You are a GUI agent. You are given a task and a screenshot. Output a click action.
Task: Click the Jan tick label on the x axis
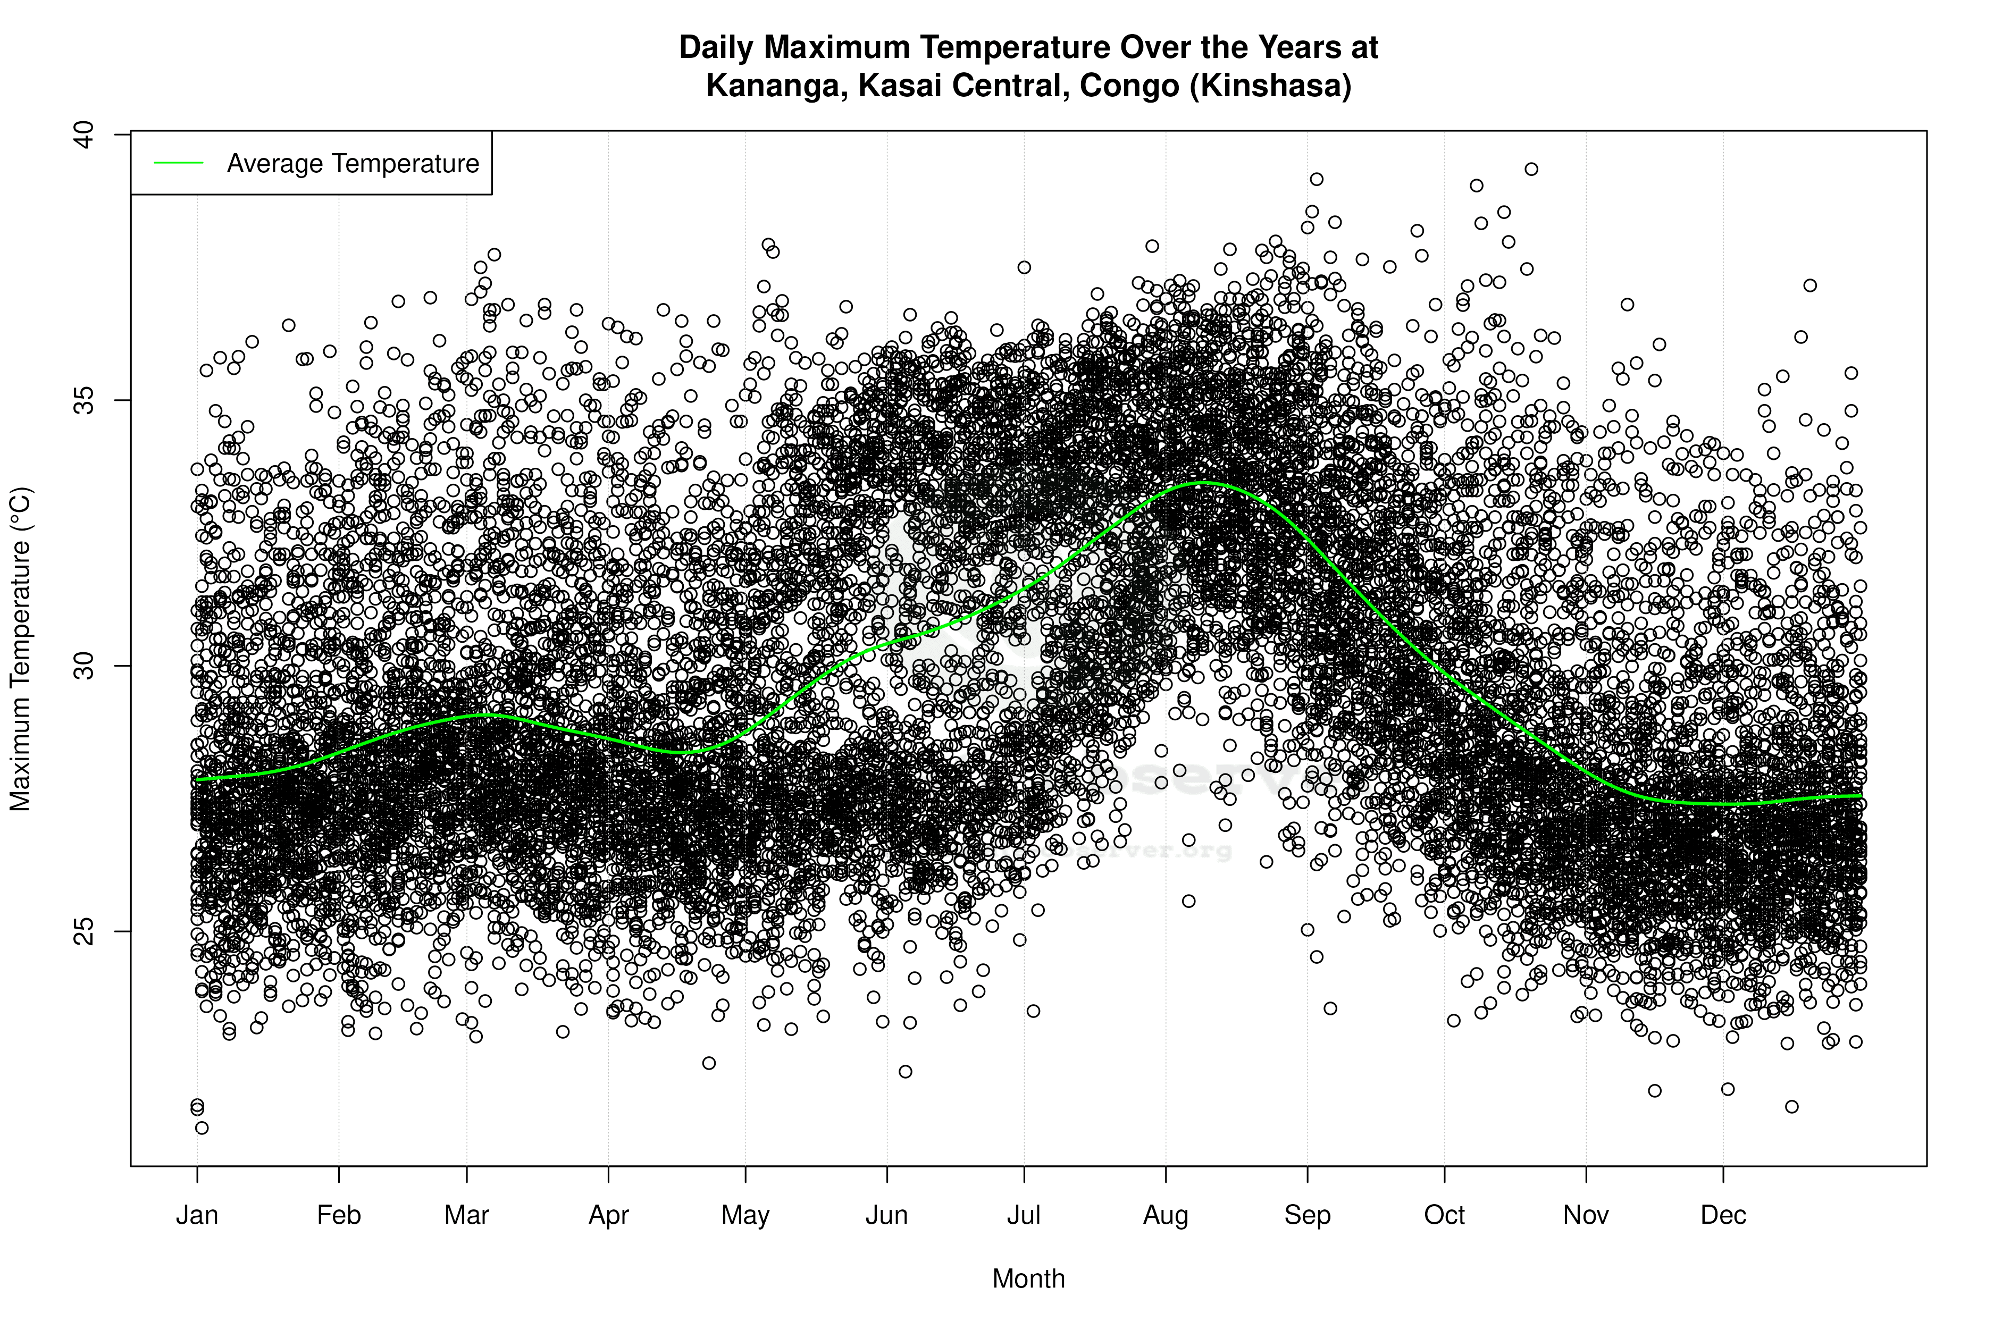click(197, 1215)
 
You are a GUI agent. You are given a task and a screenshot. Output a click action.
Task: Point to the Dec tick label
click(1723, 1215)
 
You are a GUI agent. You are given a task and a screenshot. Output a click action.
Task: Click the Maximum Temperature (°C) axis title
click(20, 649)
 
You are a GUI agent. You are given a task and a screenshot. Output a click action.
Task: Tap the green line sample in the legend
click(179, 163)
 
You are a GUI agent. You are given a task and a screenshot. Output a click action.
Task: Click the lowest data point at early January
click(202, 1128)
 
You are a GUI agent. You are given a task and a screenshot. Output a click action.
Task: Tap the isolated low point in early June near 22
click(906, 1071)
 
